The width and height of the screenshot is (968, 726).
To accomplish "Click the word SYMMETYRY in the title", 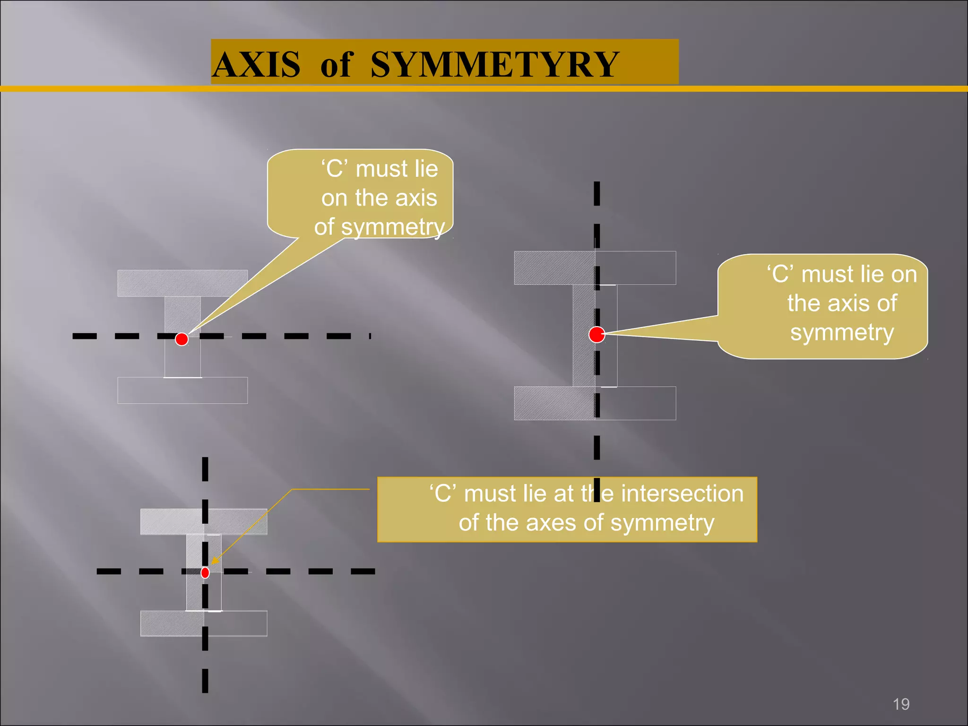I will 494,64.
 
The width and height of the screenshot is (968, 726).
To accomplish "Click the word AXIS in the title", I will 257,64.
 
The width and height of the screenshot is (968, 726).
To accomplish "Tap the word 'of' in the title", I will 336,64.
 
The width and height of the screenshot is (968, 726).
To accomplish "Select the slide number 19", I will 901,704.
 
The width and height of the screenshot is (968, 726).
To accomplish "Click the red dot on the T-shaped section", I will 181,339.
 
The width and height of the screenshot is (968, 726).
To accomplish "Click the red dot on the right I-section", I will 597,334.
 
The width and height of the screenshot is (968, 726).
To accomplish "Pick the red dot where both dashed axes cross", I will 205,573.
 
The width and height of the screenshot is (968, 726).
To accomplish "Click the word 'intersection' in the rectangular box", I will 682,493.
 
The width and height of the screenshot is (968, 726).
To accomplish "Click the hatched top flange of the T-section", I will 182,283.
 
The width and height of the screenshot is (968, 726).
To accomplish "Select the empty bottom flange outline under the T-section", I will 182,390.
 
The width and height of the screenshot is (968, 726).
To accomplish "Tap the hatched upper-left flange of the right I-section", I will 554,268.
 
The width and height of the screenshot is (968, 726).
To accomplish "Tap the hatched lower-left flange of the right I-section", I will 554,403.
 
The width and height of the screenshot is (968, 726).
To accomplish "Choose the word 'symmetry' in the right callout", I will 842,333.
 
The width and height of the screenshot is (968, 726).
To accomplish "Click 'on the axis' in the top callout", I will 379,198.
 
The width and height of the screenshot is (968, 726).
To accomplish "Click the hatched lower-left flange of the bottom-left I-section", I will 172,623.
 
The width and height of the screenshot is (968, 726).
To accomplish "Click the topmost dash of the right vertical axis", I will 597,193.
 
